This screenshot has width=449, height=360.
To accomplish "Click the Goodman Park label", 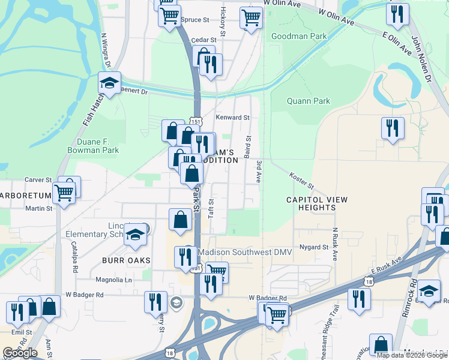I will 299,36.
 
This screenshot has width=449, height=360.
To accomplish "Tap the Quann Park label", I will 309,101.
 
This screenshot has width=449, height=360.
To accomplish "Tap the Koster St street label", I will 302,178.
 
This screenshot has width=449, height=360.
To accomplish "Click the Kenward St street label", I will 233,118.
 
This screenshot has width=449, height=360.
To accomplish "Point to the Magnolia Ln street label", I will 114,280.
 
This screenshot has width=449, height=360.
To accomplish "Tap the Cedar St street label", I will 199,40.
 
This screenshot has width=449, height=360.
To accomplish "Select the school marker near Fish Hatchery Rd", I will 109,83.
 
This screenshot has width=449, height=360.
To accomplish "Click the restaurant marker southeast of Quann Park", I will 393,128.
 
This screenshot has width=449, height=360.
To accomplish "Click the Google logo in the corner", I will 20,353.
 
